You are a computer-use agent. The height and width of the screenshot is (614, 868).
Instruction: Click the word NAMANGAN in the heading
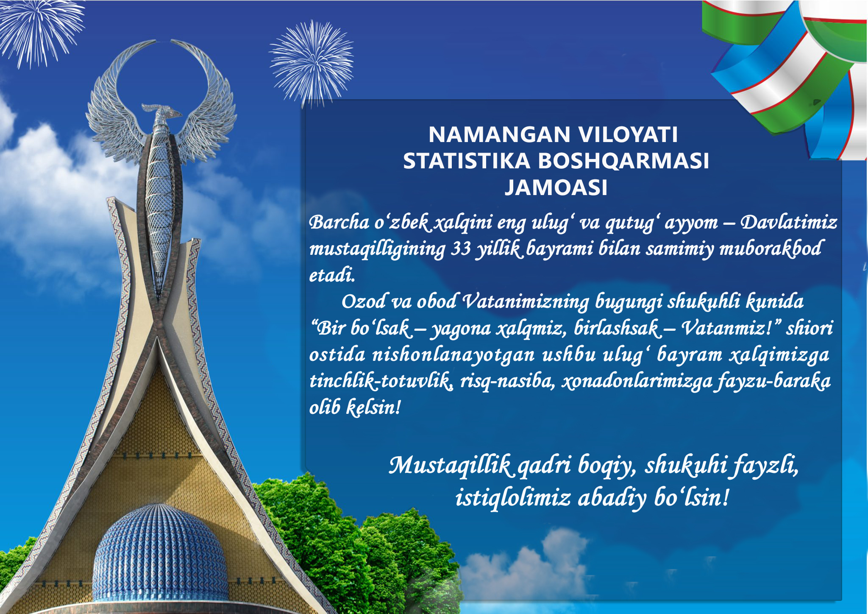[500, 135]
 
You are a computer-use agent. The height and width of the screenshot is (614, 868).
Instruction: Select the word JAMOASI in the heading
[556, 187]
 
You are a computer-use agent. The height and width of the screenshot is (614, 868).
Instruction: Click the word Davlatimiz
[789, 222]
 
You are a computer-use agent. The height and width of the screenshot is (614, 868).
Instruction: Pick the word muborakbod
[771, 249]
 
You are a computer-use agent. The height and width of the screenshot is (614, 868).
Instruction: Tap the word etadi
[332, 275]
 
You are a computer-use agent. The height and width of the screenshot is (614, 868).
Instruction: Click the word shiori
[810, 328]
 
